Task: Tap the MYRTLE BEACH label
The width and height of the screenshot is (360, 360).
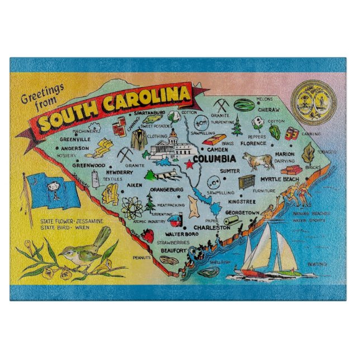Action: (x=280, y=179)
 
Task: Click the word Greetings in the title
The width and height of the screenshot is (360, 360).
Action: (x=44, y=94)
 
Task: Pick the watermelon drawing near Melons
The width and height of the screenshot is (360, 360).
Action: (x=242, y=105)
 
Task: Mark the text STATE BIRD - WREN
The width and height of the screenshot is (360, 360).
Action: (x=65, y=228)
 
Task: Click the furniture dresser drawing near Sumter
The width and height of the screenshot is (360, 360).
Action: (x=246, y=181)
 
